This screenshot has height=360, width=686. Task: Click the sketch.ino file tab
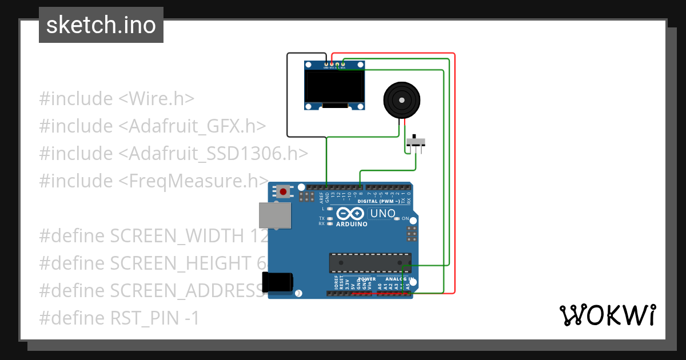(101, 25)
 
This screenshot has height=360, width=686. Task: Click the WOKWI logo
(607, 315)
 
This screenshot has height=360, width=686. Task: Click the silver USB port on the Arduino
(274, 215)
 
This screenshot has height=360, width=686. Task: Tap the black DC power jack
(278, 282)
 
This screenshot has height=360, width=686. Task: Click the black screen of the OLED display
(334, 87)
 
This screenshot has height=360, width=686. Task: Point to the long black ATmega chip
(369, 262)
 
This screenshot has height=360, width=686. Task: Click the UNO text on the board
(382, 214)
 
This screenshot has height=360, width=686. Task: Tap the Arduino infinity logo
(350, 214)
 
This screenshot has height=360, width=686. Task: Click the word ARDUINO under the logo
(352, 225)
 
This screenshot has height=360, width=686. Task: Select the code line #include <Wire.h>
(117, 99)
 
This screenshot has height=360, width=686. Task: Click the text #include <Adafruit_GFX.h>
(153, 126)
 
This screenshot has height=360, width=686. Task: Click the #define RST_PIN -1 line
(119, 318)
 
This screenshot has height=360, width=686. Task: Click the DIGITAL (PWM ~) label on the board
(378, 201)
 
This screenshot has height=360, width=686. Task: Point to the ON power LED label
(405, 219)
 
